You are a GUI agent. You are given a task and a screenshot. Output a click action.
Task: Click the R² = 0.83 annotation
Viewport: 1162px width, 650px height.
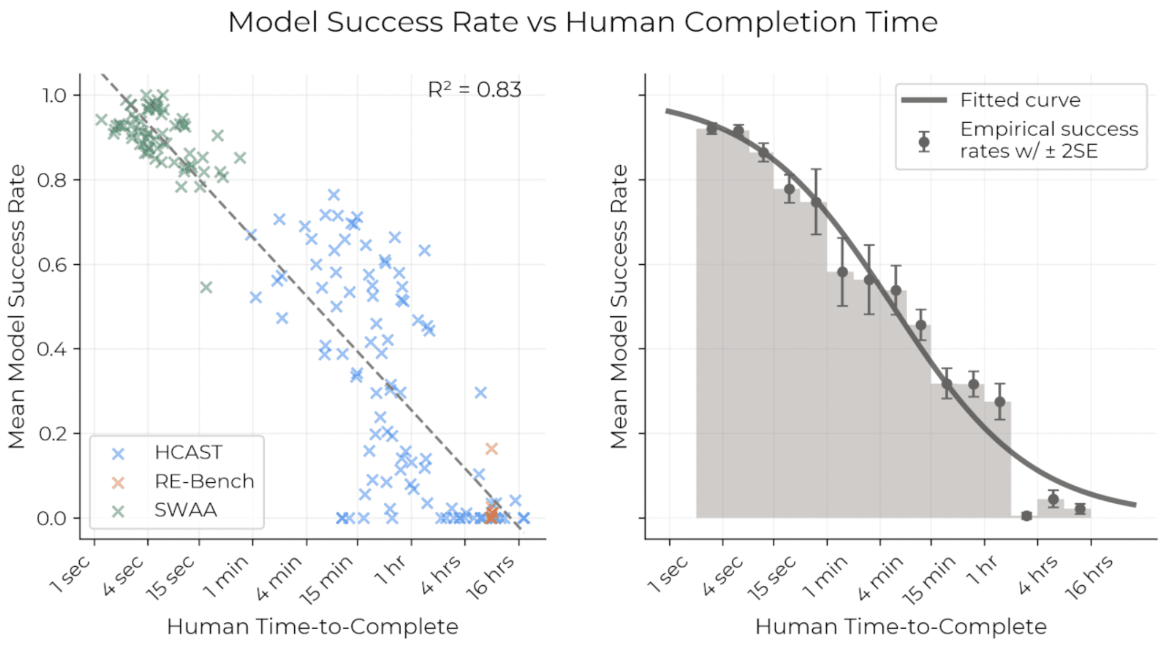[474, 90]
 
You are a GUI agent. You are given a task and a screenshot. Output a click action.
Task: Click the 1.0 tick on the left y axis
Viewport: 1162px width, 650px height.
[54, 95]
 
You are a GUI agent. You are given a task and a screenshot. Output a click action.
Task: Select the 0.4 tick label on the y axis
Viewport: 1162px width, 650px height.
[52, 349]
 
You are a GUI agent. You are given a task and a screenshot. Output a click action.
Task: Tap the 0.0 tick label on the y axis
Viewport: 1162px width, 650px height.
[52, 518]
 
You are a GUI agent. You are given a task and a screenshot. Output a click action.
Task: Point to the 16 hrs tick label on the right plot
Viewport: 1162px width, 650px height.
[1089, 577]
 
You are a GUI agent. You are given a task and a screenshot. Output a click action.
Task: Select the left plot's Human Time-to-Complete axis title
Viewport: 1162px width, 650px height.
[312, 627]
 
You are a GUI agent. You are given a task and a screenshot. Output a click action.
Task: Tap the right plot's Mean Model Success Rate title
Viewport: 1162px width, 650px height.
[619, 306]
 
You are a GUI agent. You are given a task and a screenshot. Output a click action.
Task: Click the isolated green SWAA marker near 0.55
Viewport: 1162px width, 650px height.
[206, 287]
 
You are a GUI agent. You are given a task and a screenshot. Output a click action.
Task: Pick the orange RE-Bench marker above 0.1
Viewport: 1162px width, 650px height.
[491, 449]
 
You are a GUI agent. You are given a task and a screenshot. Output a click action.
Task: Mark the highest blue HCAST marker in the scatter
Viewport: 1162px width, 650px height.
[334, 195]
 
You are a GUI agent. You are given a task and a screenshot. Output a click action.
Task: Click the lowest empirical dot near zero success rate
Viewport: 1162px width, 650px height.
[1026, 516]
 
